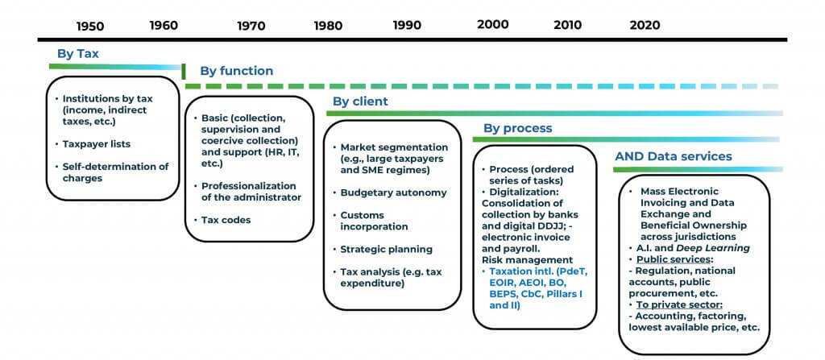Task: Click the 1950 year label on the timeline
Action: [90, 27]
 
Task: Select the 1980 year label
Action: [328, 26]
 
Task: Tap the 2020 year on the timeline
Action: [645, 25]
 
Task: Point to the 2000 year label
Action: [493, 25]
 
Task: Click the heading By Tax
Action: [78, 54]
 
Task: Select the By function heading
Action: [236, 71]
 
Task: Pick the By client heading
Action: [360, 101]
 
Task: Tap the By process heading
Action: [518, 128]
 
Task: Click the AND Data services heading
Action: [674, 156]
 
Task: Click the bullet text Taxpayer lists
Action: [97, 143]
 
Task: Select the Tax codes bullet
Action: [226, 220]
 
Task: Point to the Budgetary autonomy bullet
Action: [393, 192]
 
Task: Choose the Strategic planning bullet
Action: [386, 249]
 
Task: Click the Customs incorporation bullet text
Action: [374, 221]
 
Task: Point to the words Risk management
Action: [527, 259]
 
